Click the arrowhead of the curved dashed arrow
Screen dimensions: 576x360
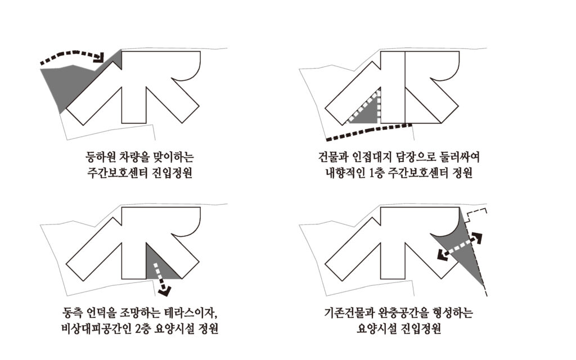(x=99, y=57)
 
